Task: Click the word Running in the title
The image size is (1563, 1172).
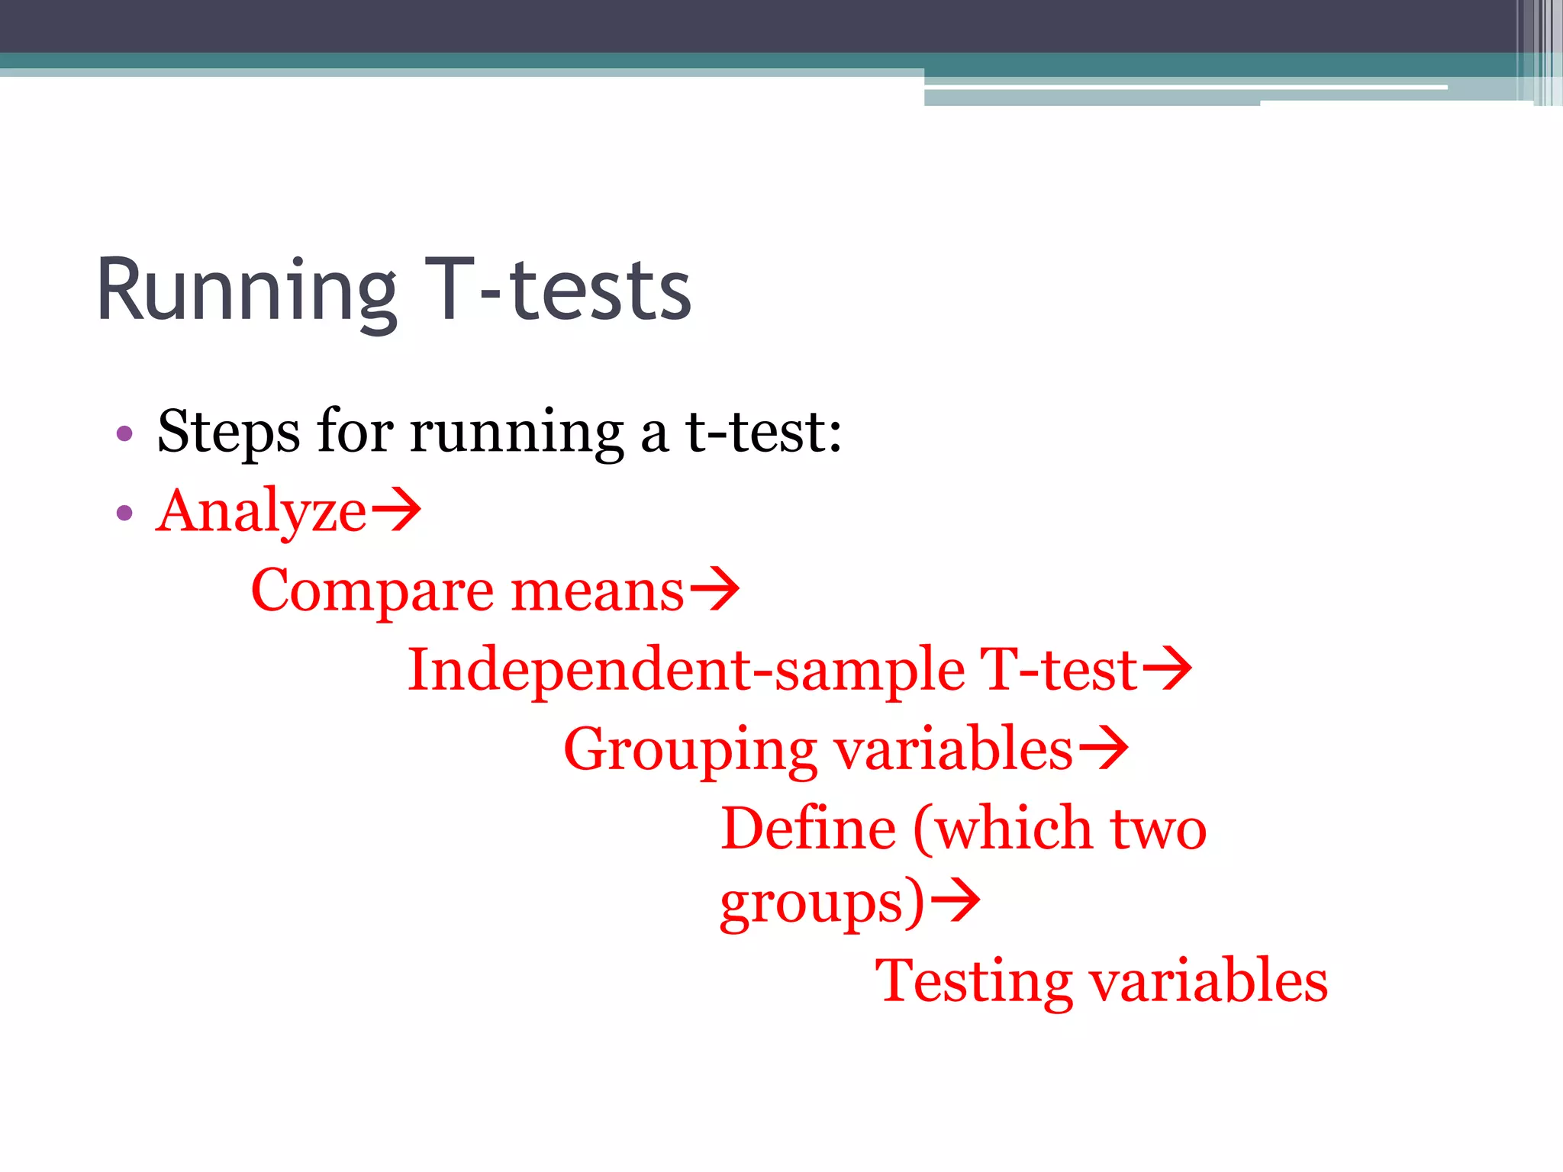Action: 246,291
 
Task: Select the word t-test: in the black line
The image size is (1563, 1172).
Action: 763,432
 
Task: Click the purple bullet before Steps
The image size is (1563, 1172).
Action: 124,435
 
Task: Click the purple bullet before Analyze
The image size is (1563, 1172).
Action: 124,513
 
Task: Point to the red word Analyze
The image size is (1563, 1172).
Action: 261,511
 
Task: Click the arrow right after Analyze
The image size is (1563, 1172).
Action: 396,510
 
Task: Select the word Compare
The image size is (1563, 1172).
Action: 372,591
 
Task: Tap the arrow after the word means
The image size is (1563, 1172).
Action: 714,588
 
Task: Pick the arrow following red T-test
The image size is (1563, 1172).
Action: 1167,668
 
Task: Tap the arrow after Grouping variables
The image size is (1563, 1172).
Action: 1103,748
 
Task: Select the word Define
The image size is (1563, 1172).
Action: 808,829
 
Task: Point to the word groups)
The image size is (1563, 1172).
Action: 822,905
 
